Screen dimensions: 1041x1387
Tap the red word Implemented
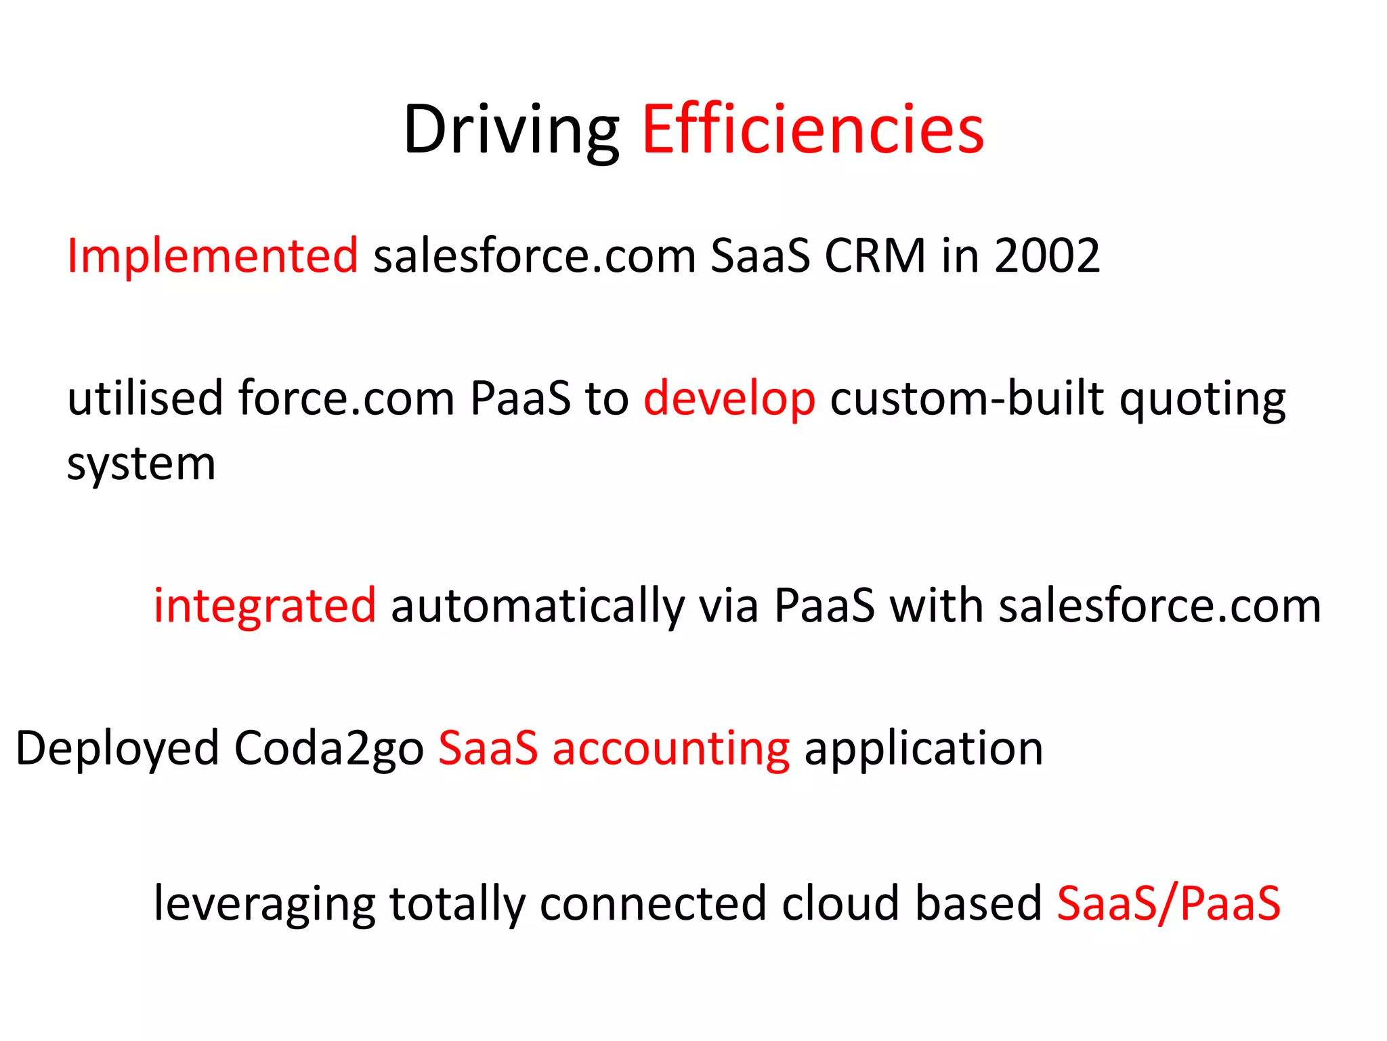pyautogui.click(x=212, y=256)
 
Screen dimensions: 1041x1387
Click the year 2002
pyautogui.click(x=1047, y=256)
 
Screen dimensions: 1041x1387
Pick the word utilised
pyautogui.click(x=145, y=398)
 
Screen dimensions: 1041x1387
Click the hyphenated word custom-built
pyautogui.click(x=967, y=398)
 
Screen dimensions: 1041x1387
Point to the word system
pyautogui.click(x=141, y=466)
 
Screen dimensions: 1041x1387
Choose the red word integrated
pyautogui.click(x=264, y=605)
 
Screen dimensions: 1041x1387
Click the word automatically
pyautogui.click(x=538, y=605)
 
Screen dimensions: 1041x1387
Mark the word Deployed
pyautogui.click(x=116, y=749)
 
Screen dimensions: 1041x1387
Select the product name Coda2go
pyautogui.click(x=328, y=749)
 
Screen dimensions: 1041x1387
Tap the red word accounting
pyautogui.click(x=670, y=749)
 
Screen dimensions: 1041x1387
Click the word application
pyautogui.click(x=923, y=749)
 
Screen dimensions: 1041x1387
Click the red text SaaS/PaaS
pyautogui.click(x=1168, y=903)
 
